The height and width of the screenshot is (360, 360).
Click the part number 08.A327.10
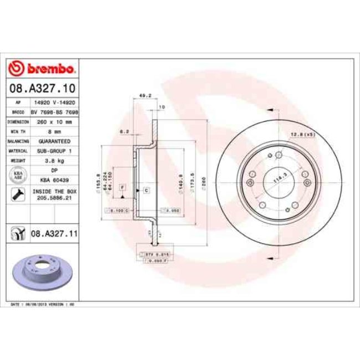point(42,88)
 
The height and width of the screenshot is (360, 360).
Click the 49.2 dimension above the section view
point(141,96)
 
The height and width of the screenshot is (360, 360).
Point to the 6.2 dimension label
point(124,132)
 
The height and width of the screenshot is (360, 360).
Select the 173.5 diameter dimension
point(193,181)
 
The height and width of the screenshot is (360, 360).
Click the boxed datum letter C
point(146,190)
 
